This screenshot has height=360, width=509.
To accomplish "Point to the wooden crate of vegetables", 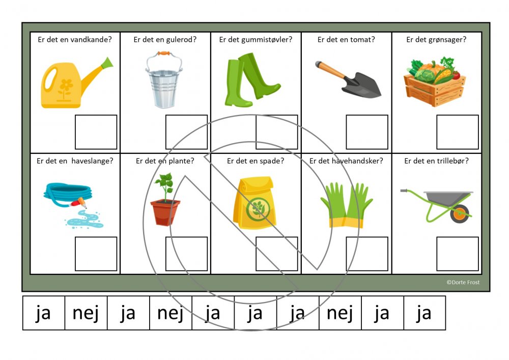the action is coord(435,82).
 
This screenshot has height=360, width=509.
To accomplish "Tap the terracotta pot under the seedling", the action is coord(165,212).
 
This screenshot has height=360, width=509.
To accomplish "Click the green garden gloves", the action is coord(346,205).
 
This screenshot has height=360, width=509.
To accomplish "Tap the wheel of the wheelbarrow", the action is coord(460,213).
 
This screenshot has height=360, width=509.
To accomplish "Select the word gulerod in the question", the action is coord(181,40).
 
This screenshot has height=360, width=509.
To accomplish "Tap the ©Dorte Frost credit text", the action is coord(463,283).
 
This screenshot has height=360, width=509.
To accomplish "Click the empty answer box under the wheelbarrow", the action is coord(458,254).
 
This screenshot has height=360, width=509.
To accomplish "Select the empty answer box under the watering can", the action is coord(96,132).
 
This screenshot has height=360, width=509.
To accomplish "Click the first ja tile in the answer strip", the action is coord(44,313).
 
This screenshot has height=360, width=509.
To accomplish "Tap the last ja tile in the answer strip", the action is coord(425,313).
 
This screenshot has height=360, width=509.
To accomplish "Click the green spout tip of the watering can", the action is coord(107,63).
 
